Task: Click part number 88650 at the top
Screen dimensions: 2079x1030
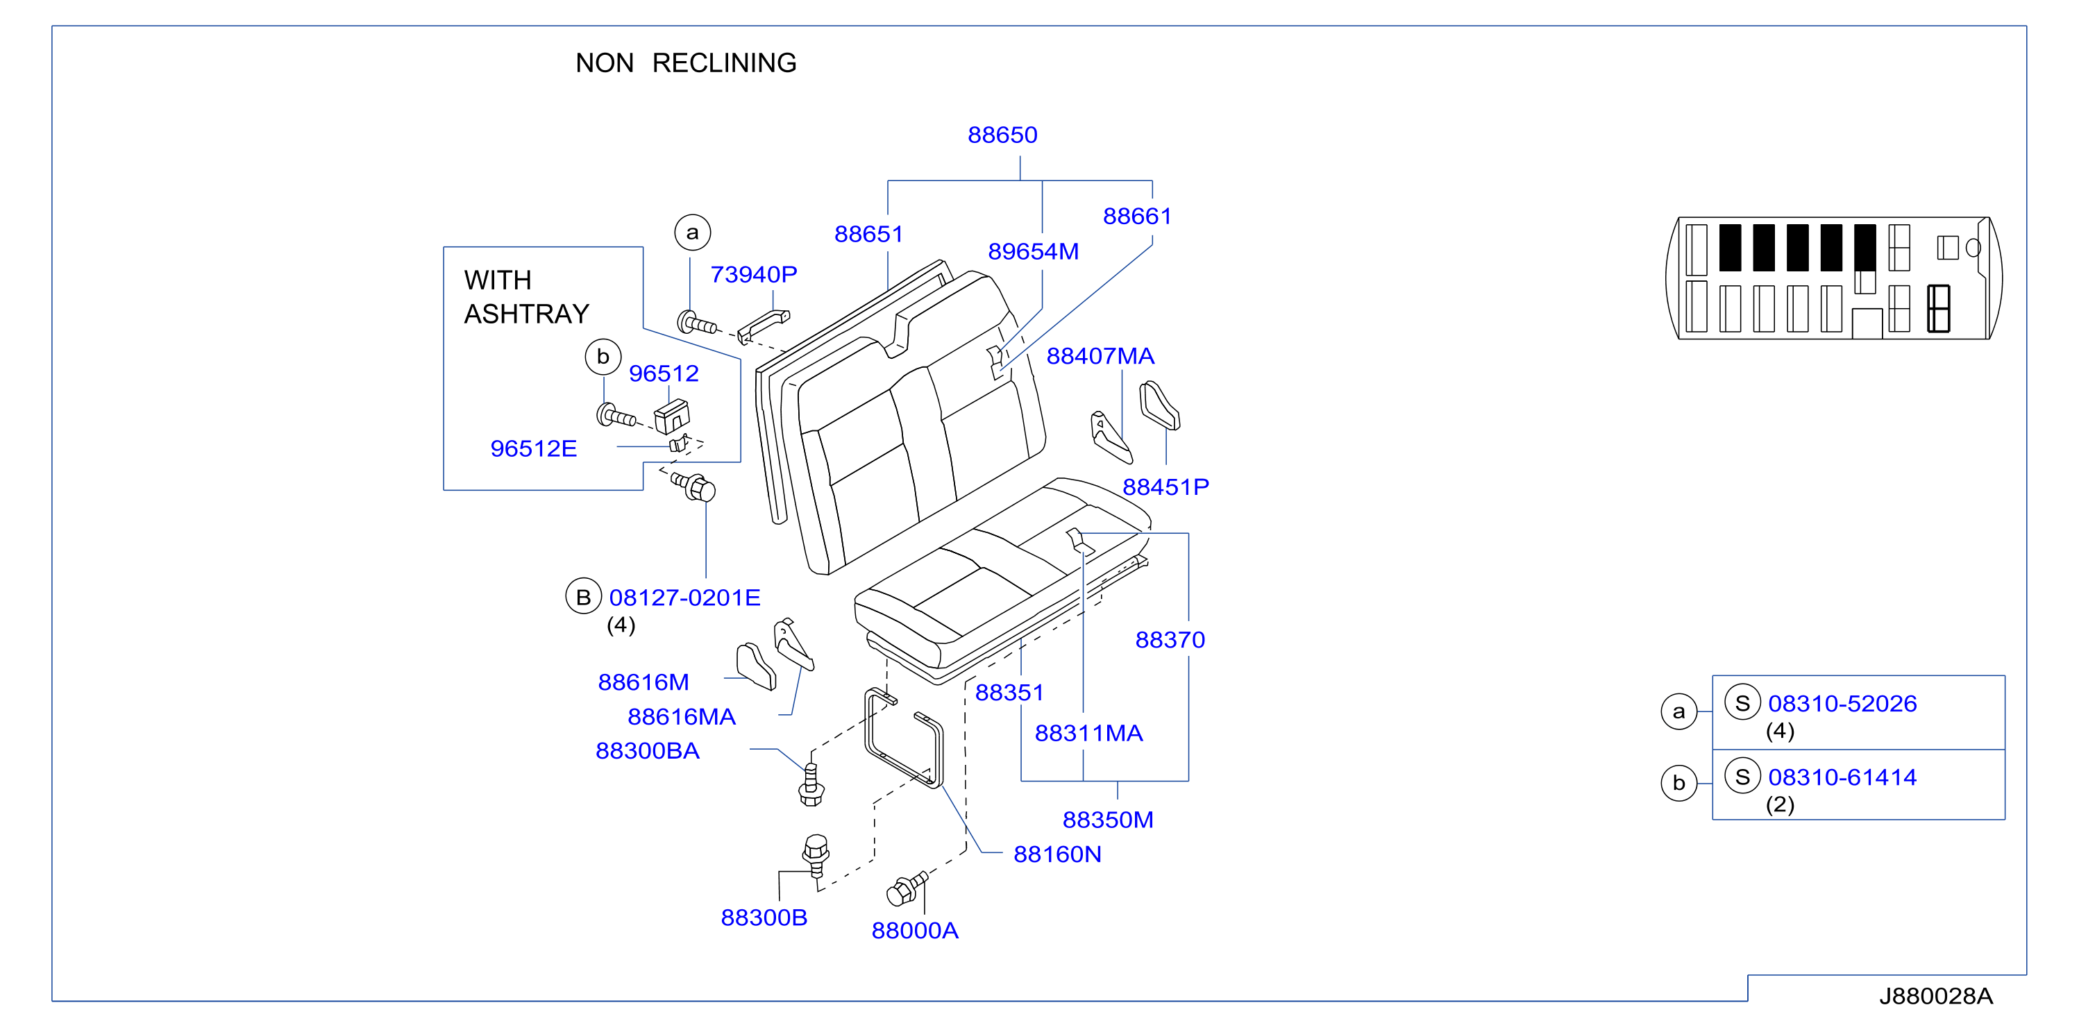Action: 1002,135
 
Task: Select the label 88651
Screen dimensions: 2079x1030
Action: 868,234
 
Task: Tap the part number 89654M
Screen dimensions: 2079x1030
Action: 1033,252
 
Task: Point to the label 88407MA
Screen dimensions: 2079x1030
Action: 1100,356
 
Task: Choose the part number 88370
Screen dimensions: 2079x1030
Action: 1170,640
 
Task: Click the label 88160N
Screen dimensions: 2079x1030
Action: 1057,854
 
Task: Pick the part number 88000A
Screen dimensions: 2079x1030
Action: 914,931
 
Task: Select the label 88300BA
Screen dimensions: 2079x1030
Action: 647,751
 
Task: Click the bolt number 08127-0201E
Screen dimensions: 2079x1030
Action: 684,598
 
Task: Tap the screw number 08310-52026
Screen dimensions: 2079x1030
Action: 1842,704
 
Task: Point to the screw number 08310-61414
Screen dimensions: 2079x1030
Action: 1842,777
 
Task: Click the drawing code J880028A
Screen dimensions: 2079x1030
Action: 1935,996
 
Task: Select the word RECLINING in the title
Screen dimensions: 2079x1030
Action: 724,63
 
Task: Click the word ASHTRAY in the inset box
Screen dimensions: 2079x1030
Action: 526,314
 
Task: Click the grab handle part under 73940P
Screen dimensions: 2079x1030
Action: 763,326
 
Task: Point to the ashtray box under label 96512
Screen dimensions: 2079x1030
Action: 671,416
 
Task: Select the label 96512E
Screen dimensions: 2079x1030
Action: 534,449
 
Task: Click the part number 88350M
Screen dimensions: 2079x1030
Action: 1107,820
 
